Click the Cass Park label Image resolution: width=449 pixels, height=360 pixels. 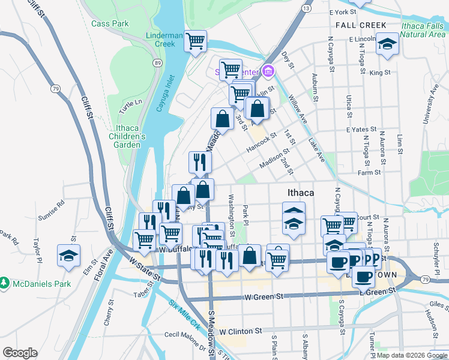coord(110,23)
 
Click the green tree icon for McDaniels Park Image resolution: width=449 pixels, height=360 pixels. coord(5,282)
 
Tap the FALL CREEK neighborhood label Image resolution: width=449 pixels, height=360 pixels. coord(361,25)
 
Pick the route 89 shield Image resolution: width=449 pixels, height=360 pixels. coord(157,63)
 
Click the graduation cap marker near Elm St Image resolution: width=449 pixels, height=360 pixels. coord(69,254)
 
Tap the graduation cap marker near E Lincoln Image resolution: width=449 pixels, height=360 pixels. coord(387,44)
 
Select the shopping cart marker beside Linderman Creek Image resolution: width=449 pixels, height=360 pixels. coord(195,41)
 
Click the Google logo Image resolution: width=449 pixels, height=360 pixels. coord(20,353)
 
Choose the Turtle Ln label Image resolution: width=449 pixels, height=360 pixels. coord(130,107)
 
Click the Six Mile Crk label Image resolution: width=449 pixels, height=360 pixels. coord(184,315)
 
